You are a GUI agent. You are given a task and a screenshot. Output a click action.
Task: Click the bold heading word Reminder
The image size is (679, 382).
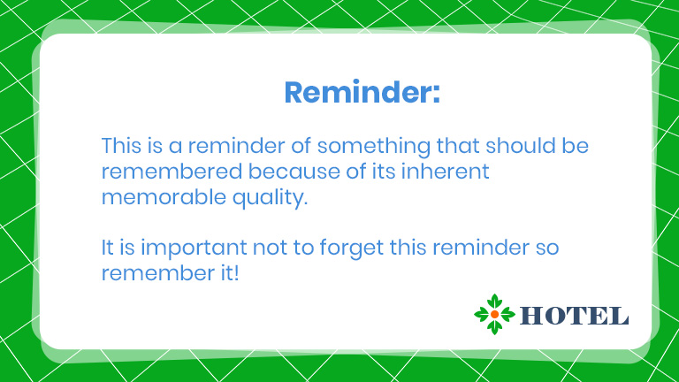357,92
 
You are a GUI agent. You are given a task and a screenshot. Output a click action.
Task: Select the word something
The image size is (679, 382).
374,147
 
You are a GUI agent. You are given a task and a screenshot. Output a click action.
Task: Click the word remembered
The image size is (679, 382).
172,171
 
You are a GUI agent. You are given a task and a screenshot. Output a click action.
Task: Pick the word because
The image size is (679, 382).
294,172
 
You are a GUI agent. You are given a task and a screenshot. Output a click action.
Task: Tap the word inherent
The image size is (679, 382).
446,171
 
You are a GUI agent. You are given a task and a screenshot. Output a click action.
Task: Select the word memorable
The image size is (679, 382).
164,197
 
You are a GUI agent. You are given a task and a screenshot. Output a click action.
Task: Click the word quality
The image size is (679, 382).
270,198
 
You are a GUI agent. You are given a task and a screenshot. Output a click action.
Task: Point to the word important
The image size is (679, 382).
194,248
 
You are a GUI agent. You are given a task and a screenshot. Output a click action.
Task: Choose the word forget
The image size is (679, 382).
352,248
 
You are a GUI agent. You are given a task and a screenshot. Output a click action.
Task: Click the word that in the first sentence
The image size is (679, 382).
458,146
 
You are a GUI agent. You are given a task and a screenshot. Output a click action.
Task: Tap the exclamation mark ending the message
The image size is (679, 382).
236,273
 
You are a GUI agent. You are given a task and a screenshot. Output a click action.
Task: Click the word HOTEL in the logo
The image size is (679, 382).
574,316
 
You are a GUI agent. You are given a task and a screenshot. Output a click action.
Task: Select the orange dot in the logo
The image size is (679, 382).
494,315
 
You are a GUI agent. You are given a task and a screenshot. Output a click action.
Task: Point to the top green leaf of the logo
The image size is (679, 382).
494,302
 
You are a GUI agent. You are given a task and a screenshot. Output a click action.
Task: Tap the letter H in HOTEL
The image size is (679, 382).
530,316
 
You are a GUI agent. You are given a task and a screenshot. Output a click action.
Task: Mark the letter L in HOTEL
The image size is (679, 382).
619,316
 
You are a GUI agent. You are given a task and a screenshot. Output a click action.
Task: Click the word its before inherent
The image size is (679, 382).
384,172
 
